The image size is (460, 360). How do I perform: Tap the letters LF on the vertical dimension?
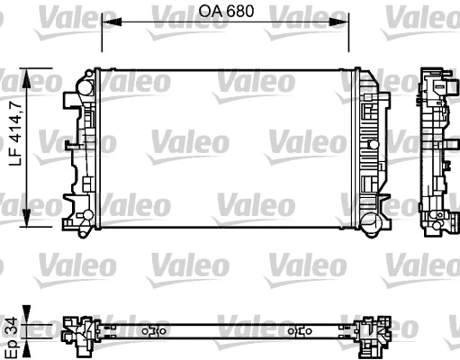click(x=13, y=161)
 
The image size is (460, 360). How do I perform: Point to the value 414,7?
click(x=13, y=119)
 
